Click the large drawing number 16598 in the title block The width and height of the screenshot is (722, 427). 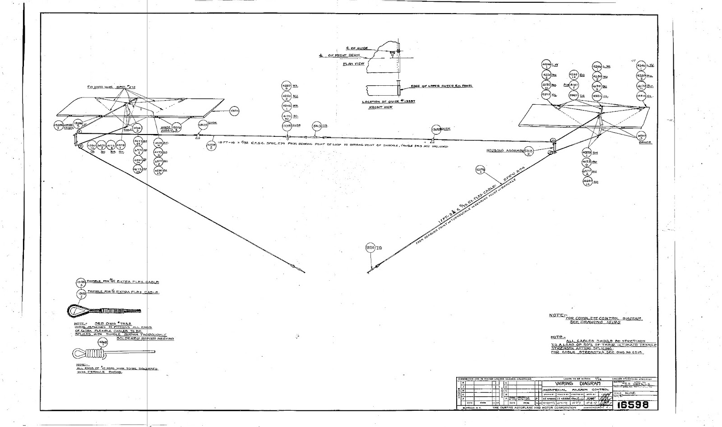(x=633, y=405)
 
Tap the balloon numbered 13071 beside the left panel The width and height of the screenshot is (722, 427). (x=234, y=111)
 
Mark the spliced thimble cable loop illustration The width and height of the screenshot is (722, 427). (x=104, y=311)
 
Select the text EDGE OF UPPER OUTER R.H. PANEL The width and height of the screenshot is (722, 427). (x=441, y=86)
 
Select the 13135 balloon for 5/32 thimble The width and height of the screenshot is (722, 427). (x=80, y=282)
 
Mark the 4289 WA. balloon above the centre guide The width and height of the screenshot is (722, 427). (x=287, y=86)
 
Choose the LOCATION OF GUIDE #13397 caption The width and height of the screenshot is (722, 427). (x=389, y=102)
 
